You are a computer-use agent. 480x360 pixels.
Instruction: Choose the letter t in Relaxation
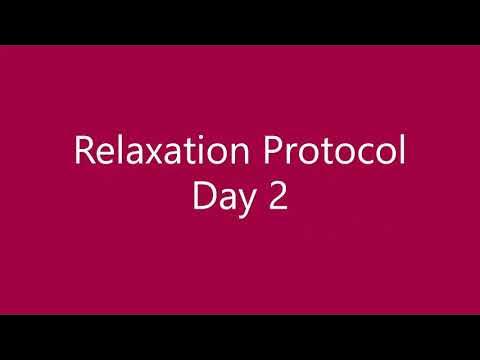[x=184, y=153]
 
